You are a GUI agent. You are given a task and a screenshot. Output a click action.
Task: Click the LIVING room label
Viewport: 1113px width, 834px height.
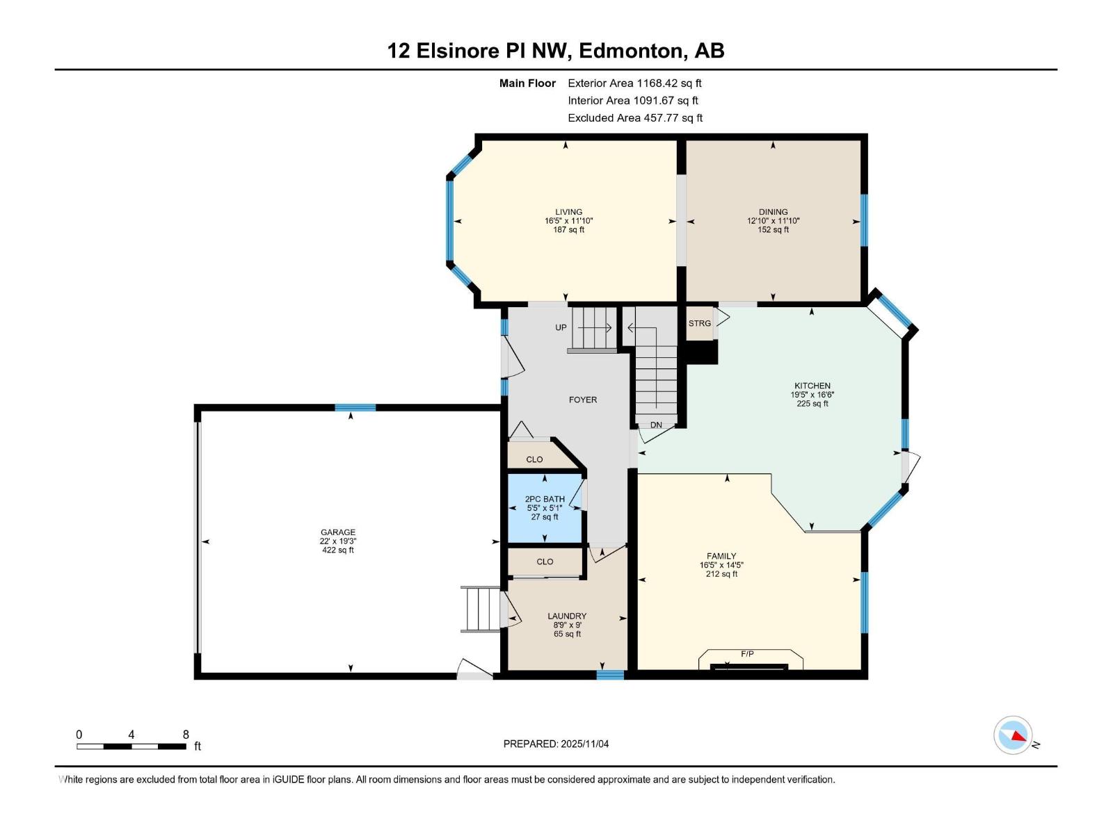point(568,212)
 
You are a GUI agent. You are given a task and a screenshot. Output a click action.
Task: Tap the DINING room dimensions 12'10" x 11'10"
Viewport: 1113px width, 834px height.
point(773,221)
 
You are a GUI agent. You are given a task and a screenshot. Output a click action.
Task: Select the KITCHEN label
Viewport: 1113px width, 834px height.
point(812,386)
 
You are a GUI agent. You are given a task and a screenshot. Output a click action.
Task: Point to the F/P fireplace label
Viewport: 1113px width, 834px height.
point(747,654)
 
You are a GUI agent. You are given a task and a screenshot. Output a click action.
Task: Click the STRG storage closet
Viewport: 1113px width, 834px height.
point(700,323)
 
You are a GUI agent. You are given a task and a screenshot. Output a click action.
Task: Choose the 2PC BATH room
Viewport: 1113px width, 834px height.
point(545,507)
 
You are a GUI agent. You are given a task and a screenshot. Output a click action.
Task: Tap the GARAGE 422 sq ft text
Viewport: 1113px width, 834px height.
point(337,550)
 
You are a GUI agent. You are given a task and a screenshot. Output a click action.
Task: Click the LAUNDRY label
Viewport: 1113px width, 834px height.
point(566,616)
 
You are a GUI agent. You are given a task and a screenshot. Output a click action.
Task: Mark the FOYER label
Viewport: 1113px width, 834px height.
point(582,400)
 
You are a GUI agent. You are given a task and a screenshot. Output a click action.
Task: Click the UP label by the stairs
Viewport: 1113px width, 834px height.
point(561,327)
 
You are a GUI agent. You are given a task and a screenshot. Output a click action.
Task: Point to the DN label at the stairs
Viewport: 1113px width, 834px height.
point(656,425)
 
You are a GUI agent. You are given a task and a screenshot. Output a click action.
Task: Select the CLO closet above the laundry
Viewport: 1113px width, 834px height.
point(545,562)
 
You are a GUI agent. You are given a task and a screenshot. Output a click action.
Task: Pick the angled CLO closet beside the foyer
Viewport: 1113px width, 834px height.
point(534,459)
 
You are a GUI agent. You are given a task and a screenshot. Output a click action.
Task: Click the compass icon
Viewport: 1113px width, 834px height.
point(1013,735)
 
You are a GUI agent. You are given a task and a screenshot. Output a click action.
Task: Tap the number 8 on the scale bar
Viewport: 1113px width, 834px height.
point(186,735)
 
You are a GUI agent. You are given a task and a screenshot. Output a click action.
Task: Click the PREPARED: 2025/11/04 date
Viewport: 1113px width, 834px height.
point(556,744)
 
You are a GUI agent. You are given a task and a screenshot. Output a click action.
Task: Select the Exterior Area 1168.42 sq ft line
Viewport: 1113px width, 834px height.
point(634,83)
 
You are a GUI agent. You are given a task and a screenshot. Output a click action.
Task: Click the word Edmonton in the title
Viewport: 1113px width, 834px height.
point(630,51)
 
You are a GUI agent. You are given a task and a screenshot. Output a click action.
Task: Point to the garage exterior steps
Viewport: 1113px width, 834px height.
point(480,610)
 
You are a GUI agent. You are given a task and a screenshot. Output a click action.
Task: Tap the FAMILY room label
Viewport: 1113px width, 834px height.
point(721,556)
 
